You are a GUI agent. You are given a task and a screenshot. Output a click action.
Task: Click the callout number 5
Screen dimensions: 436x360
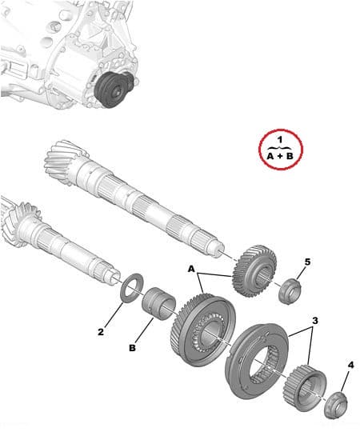click(x=307, y=262)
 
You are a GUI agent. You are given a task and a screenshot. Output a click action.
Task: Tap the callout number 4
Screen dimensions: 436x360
click(x=350, y=366)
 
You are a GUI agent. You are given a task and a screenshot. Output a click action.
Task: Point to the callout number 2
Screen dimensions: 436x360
click(x=102, y=330)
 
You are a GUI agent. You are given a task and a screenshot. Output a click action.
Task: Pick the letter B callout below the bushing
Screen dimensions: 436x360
click(x=133, y=347)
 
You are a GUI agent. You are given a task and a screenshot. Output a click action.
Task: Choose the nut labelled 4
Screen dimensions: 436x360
click(x=335, y=405)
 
